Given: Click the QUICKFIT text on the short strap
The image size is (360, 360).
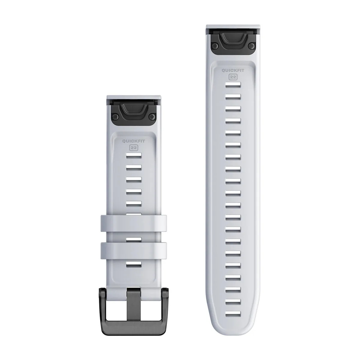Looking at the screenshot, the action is point(133,141).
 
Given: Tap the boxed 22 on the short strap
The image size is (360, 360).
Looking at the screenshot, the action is point(133,148).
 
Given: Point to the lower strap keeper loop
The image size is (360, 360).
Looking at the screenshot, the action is point(133,251).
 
